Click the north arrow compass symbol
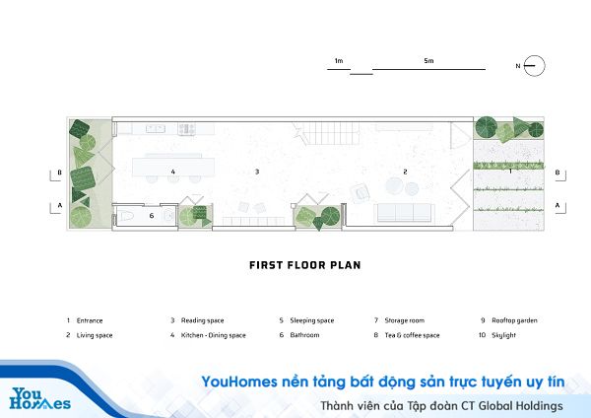pos(534,66)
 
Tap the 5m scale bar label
pos(428,61)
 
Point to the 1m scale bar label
pos(339,61)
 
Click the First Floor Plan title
pos(305,265)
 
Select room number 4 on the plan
pos(173,172)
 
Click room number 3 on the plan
pos(257,172)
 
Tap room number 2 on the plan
pos(405,172)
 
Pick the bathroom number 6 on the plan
pos(152,216)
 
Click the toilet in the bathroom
pos(126,216)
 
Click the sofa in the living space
pos(404,213)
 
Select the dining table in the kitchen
pos(173,168)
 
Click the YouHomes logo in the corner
pos(39,398)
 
